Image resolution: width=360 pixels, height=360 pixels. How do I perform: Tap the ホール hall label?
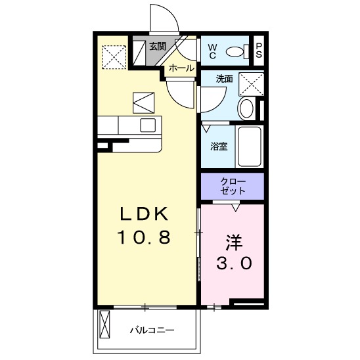click(x=181, y=68)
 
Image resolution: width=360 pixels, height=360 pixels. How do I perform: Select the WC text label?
click(x=213, y=50)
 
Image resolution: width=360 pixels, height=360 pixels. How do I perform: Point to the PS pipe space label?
click(x=259, y=51)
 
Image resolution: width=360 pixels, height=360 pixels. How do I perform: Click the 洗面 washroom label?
click(x=225, y=79)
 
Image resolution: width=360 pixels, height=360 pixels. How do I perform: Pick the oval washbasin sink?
click(x=247, y=108)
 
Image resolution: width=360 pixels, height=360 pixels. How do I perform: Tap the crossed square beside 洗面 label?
click(x=250, y=83)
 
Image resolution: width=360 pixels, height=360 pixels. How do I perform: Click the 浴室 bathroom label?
click(x=219, y=146)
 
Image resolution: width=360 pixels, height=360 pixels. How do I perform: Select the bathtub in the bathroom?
click(x=250, y=146)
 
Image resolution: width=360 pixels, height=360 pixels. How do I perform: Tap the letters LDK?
click(x=144, y=214)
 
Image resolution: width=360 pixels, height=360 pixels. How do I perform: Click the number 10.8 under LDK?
click(x=144, y=237)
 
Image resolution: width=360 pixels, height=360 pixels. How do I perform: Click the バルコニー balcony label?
click(x=151, y=330)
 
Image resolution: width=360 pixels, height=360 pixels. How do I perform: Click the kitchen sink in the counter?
click(x=148, y=125)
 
